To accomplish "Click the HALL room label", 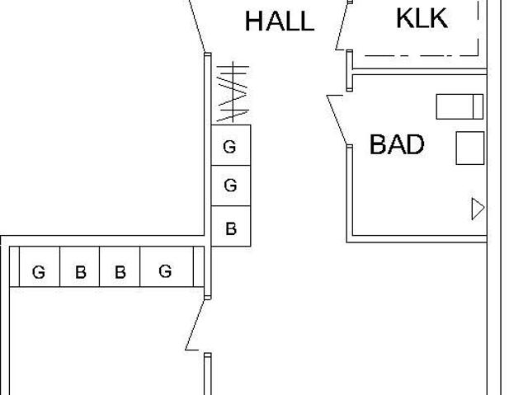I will [279, 21].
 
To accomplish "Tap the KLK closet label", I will [422, 18].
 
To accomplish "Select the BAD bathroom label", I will [397, 145].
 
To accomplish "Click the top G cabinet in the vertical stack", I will [230, 147].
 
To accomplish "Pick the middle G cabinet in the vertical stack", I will [230, 186].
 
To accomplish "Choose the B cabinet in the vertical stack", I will [230, 228].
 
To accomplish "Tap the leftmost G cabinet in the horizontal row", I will [39, 271].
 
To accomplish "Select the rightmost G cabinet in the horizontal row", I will [166, 270].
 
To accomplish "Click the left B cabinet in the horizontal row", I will [80, 271].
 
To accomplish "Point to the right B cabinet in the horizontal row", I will [120, 271].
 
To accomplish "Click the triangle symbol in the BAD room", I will [477, 209].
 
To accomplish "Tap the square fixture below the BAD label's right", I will [469, 148].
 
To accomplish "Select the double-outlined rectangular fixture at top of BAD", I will [459, 106].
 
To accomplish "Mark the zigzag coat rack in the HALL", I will [233, 92].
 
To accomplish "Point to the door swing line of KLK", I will [342, 27].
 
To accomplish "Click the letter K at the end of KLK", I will [438, 18].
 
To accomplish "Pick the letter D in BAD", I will [414, 145].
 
